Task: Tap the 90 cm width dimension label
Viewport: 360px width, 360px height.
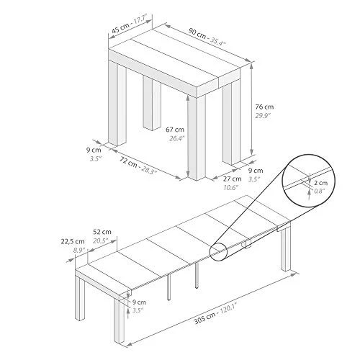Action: pos(197,34)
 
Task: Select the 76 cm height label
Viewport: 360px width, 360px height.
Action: pos(264,107)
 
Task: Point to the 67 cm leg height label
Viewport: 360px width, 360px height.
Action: pos(175,130)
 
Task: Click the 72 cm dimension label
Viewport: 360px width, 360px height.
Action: pos(128,162)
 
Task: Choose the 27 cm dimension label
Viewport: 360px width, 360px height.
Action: pos(233,179)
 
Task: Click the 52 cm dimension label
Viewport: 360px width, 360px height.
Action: pos(102,232)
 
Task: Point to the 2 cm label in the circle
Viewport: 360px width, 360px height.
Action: pos(321,183)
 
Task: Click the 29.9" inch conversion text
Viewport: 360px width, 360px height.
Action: pos(263,116)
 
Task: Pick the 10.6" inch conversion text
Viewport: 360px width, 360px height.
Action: pos(231,187)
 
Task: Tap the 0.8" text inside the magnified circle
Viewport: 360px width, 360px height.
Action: pos(319,192)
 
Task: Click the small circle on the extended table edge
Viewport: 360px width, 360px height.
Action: pos(219,252)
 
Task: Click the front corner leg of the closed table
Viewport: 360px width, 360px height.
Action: pos(197,138)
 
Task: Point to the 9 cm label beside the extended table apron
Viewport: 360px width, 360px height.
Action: pos(139,302)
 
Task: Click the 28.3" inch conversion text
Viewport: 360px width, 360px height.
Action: pos(149,170)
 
